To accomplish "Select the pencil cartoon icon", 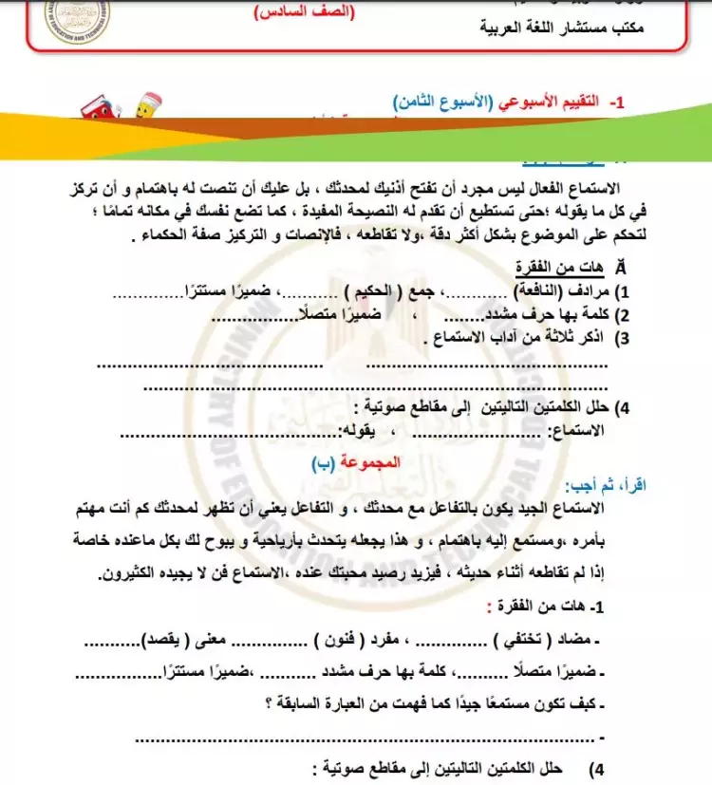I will pos(148,105).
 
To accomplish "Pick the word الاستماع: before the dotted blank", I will pos(594,432).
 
